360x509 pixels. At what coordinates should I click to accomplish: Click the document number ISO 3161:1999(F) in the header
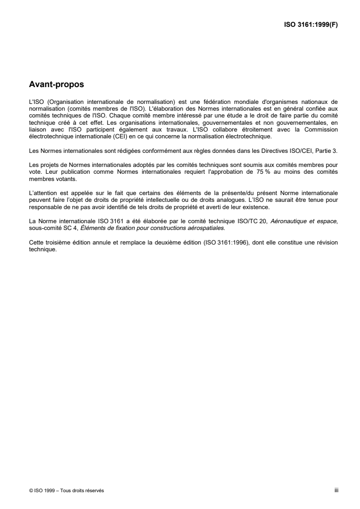[310, 25]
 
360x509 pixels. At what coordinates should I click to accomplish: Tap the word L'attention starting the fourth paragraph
[43, 193]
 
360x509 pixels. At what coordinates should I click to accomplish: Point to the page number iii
[336, 490]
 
